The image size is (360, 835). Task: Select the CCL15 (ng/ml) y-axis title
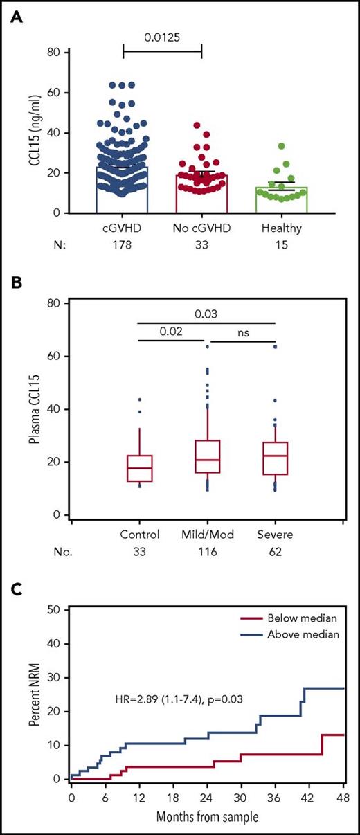pos(26,132)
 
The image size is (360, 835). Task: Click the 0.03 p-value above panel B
pos(206,312)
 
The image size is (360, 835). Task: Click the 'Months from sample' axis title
pos(207,816)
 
